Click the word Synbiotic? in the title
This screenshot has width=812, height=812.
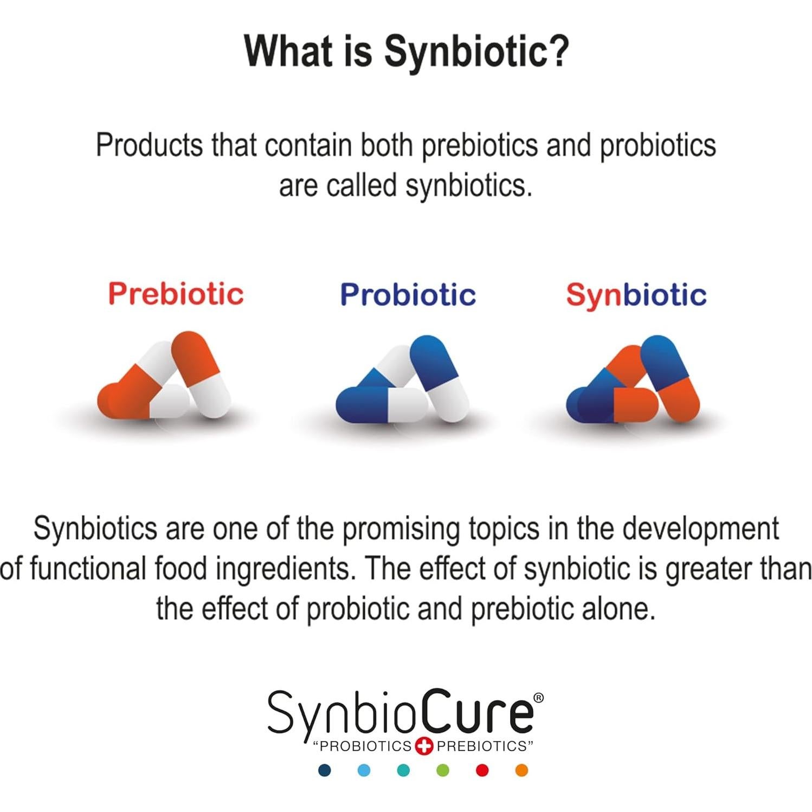pyautogui.click(x=476, y=51)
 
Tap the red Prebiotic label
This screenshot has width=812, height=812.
pyautogui.click(x=176, y=294)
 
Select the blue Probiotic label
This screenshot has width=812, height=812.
pyautogui.click(x=408, y=294)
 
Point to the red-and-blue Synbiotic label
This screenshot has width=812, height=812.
pyautogui.click(x=636, y=295)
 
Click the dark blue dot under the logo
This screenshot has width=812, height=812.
pyautogui.click(x=325, y=770)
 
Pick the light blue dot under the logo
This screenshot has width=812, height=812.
pyautogui.click(x=364, y=770)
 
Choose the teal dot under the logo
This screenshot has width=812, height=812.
pyautogui.click(x=403, y=770)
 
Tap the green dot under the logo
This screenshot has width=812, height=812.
pyautogui.click(x=443, y=770)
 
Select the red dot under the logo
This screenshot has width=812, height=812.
pyautogui.click(x=482, y=770)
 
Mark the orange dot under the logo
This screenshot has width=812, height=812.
pyautogui.click(x=521, y=770)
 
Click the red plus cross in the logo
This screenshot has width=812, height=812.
pyautogui.click(x=424, y=746)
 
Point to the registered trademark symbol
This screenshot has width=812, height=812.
pyautogui.click(x=538, y=698)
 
